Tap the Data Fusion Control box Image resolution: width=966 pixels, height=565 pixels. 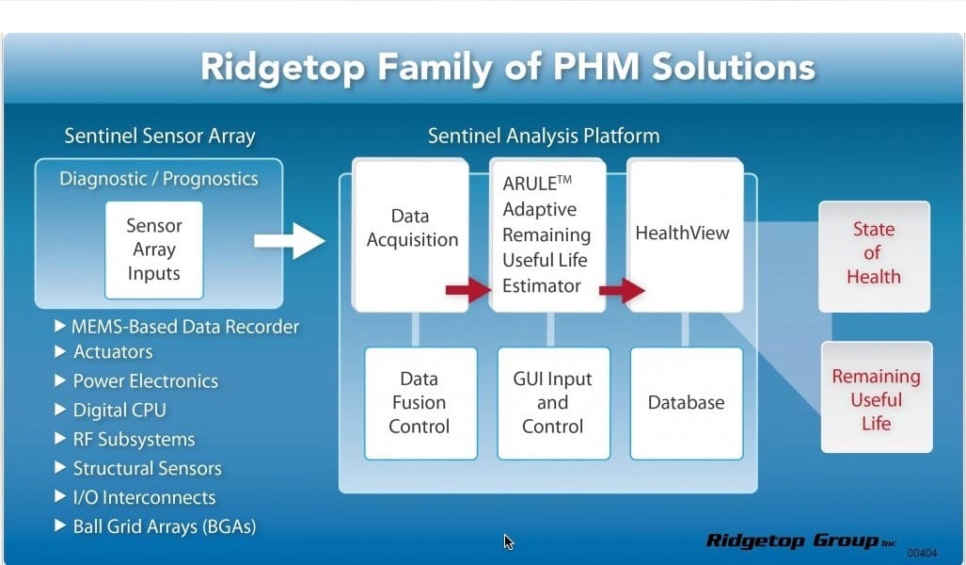(419, 403)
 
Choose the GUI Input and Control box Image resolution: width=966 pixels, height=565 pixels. (553, 403)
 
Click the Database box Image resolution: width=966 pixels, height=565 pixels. (686, 403)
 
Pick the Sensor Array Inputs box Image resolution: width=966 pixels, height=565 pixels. (153, 250)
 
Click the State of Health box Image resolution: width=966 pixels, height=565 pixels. (873, 253)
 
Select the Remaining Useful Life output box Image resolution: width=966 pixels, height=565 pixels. (876, 399)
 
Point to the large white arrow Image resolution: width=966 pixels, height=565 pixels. (289, 241)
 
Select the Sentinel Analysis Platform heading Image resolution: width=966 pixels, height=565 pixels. (544, 136)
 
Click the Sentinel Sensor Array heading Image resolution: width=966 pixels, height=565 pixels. (159, 136)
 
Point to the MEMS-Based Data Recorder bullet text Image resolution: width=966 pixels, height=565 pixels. (185, 327)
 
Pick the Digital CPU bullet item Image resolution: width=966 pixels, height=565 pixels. (119, 411)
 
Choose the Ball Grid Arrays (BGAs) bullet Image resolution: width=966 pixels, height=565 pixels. (165, 526)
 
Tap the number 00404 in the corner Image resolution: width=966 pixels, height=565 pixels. (922, 553)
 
